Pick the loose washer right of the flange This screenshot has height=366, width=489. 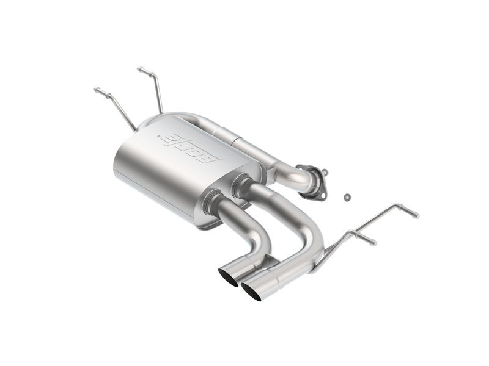[347, 197]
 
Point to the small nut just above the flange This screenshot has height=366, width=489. [325, 172]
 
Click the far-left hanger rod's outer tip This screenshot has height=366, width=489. [96, 90]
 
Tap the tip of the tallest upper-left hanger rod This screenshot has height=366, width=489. [140, 69]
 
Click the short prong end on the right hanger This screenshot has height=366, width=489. [373, 242]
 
